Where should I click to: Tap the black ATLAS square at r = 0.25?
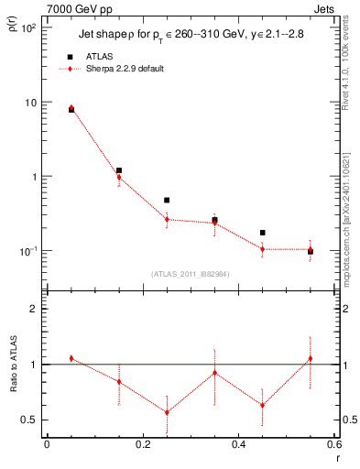(167, 200)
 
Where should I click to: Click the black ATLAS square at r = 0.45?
(262, 233)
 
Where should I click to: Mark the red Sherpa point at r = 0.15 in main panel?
(119, 178)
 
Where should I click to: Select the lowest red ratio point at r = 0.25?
(167, 412)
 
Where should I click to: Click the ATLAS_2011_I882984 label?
(191, 274)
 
